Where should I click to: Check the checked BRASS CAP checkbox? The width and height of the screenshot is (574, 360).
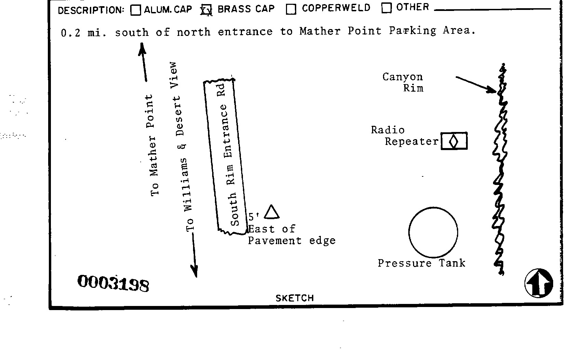[x=206, y=10]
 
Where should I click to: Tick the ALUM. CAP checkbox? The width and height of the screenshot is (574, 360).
[x=136, y=10]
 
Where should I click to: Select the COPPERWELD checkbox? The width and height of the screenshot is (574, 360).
[x=291, y=10]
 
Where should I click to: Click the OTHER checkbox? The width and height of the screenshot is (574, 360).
[x=386, y=8]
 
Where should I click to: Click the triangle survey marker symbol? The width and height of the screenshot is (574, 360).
[x=272, y=212]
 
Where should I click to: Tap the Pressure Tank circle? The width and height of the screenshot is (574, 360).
[x=433, y=232]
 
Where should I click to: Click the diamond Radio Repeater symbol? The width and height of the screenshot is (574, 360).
[x=454, y=141]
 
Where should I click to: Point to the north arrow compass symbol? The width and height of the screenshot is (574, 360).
[x=539, y=283]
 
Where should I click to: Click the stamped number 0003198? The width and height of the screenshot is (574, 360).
[x=113, y=283]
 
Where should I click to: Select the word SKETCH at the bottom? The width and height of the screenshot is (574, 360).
[x=295, y=298]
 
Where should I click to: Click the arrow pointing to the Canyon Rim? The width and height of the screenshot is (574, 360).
[x=476, y=84]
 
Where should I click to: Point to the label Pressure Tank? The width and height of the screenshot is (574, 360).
[x=421, y=263]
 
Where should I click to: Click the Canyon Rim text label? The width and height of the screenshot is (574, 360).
[x=403, y=82]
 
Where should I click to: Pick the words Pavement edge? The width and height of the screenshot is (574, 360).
[x=291, y=241]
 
